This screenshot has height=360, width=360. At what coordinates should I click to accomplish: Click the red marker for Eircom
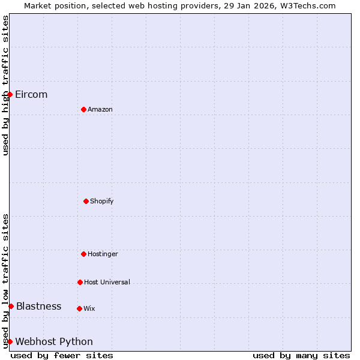pos(10,94)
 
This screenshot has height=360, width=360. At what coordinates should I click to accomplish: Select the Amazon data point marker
pos(83,109)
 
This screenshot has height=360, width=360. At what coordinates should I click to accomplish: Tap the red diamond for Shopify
pos(86,201)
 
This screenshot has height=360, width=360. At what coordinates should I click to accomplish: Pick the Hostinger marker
pos(83,254)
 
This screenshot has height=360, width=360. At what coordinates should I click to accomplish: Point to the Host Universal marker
pos(80,282)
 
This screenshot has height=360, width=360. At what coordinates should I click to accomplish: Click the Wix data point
pos(79,308)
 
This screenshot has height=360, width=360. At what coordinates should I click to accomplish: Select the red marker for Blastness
pos(11,306)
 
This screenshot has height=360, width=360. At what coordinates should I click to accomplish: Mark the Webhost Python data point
pos(10,341)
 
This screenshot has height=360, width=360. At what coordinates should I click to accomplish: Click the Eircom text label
pos(31,94)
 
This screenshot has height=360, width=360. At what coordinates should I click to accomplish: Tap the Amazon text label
pos(100,109)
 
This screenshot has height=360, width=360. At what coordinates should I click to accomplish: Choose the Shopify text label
pos(102,201)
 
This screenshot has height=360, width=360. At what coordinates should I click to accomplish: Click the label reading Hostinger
pos(103,254)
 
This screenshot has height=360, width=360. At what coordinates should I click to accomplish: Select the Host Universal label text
pos(107,282)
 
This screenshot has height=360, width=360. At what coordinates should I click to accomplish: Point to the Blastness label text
pos(38,306)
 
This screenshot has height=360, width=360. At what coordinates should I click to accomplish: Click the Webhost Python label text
pos(54,341)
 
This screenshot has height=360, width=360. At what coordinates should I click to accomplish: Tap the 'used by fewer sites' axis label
pos(62,355)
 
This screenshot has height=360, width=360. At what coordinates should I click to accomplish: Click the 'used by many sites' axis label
pos(301,355)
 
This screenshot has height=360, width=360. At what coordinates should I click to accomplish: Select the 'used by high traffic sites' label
pos(5,85)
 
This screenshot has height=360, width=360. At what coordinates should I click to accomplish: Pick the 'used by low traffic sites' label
pos(5,281)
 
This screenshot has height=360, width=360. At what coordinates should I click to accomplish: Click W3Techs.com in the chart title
pos(306,5)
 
